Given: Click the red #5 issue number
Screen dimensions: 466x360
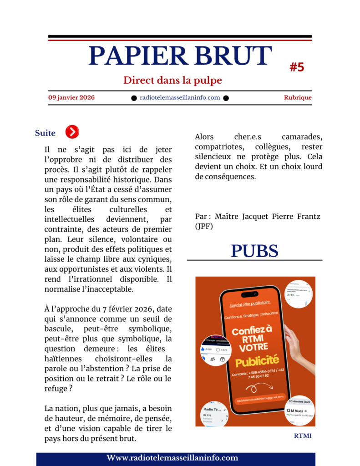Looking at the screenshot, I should click(297, 67).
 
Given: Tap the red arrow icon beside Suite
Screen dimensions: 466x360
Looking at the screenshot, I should click(72, 132).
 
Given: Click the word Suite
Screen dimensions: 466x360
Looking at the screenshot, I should click(45, 133).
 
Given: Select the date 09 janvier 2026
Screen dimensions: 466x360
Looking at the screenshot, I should click(71, 97).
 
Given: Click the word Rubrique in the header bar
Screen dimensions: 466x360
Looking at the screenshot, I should click(298, 97).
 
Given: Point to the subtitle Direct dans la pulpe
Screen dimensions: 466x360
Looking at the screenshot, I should click(172, 81).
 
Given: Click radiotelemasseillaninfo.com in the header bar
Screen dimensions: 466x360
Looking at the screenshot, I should click(180, 97).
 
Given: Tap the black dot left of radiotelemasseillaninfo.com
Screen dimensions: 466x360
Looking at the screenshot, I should click(134, 98).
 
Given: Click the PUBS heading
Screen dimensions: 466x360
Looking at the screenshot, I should click(254, 251).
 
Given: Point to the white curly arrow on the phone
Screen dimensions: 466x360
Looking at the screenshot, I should click(259, 387).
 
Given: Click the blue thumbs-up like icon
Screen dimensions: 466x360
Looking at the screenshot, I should click(203, 349).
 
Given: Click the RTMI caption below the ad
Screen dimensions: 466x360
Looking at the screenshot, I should click(303, 436).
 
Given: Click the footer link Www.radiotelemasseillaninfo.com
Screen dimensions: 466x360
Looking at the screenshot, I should click(172, 458).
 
